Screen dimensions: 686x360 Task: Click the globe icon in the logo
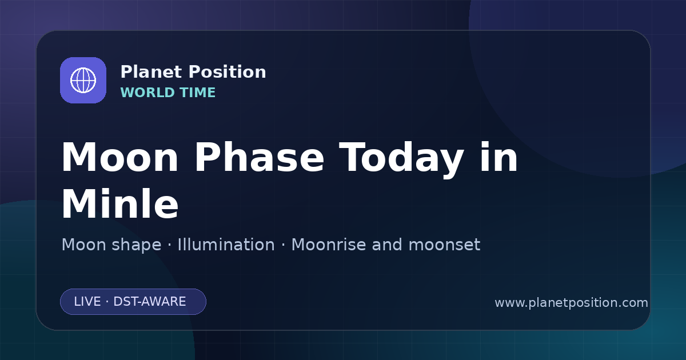pos(83,80)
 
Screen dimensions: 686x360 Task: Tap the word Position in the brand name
pos(228,72)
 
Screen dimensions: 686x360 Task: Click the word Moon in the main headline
pos(119,157)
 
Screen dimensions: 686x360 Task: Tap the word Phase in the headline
pos(259,157)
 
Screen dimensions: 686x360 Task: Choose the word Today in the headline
pos(401,159)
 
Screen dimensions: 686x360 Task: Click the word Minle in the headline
pos(119,203)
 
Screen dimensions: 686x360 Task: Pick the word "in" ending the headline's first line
pos(498,157)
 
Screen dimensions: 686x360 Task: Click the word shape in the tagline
pos(136,245)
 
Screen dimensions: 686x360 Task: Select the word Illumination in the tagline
pos(226,245)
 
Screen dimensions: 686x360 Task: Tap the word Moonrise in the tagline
pos(329,245)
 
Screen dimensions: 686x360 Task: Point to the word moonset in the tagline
pos(444,245)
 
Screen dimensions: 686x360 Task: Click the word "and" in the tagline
pos(387,245)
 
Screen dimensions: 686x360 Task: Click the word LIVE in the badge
pos(87,302)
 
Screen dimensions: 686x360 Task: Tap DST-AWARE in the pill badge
pos(150,302)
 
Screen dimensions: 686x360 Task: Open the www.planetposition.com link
pos(572,303)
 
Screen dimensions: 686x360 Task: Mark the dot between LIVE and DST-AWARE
pos(107,302)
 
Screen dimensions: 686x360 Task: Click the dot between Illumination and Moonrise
pos(283,245)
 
